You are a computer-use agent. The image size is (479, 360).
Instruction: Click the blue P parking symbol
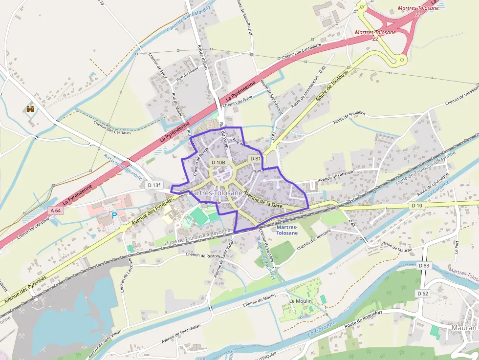114,214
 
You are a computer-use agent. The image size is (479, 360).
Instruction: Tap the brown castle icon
30,108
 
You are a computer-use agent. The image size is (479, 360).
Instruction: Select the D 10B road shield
218,162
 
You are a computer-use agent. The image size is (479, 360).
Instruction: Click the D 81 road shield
255,159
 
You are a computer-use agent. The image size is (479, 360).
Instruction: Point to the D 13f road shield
153,185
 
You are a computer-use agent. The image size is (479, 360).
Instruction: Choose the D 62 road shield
423,293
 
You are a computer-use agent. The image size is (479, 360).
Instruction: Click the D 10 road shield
416,206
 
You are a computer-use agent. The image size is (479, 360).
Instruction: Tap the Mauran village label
463,328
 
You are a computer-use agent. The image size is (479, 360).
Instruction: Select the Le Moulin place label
301,301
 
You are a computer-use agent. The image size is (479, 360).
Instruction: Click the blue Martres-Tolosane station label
287,230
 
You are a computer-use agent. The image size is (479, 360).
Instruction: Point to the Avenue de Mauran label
396,246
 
